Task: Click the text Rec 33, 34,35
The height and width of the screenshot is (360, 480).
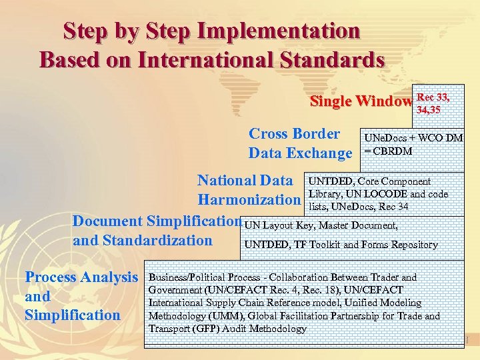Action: (x=433, y=104)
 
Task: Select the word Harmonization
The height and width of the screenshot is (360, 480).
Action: (x=249, y=199)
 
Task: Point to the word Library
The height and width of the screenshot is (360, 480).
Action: (x=323, y=194)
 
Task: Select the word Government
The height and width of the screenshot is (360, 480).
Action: (x=175, y=289)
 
